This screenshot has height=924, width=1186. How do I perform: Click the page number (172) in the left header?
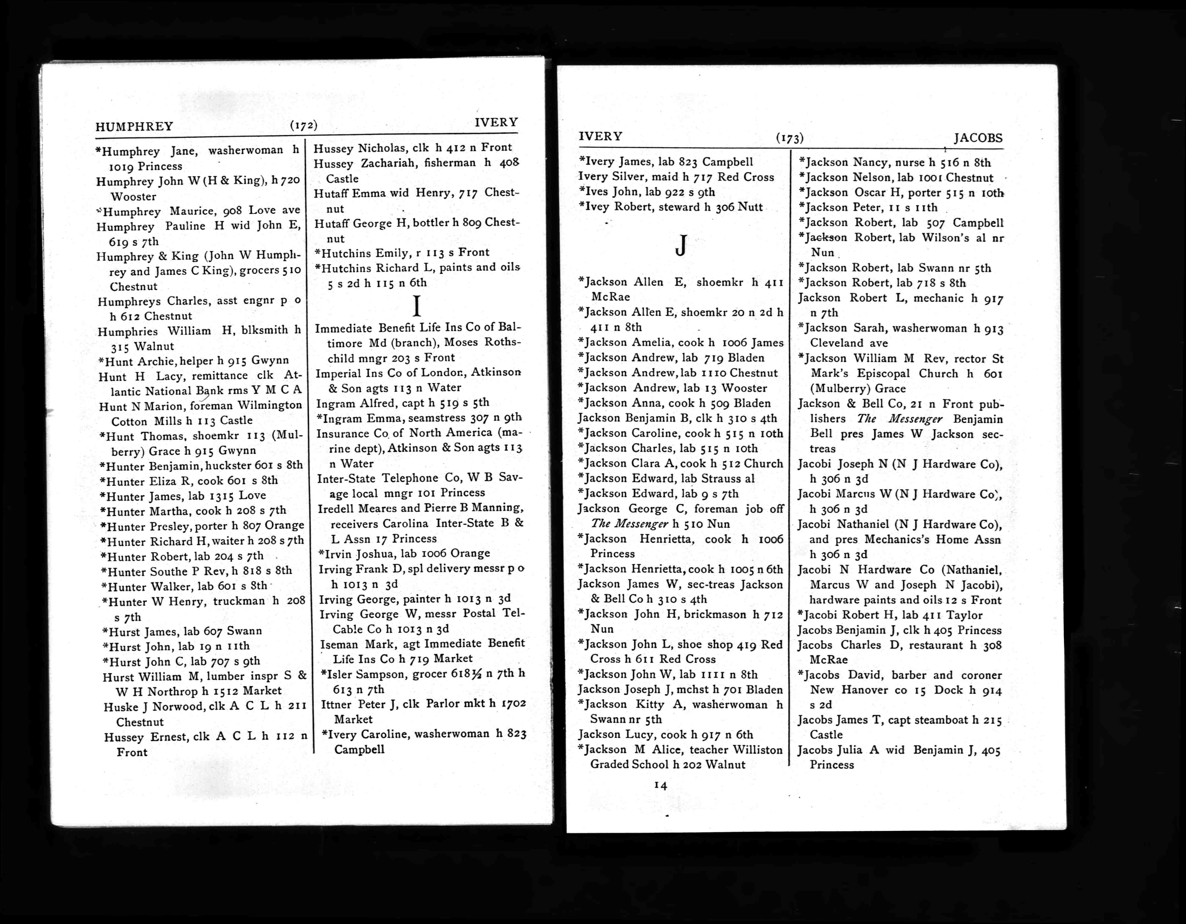coord(304,125)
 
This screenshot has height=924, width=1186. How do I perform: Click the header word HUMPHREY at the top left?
coord(134,126)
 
